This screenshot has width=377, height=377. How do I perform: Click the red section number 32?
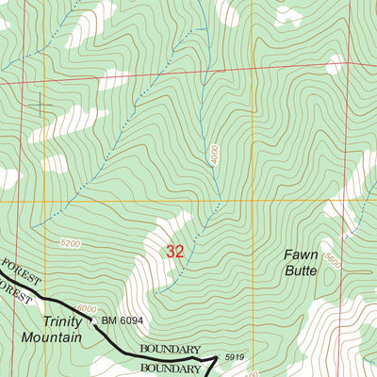pos(174,252)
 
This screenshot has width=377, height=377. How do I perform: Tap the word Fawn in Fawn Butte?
pos(303,254)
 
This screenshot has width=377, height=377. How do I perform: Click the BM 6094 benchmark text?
pos(123,320)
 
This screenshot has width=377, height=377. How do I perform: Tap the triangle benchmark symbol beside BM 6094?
pos(92,320)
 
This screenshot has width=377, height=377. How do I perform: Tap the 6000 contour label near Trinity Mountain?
pos(87,307)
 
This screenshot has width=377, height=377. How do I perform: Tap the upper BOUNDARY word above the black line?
pos(171,350)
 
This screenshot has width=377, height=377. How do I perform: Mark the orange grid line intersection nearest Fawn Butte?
pos(252,201)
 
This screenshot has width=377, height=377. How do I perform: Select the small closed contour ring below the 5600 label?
pos(333,281)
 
